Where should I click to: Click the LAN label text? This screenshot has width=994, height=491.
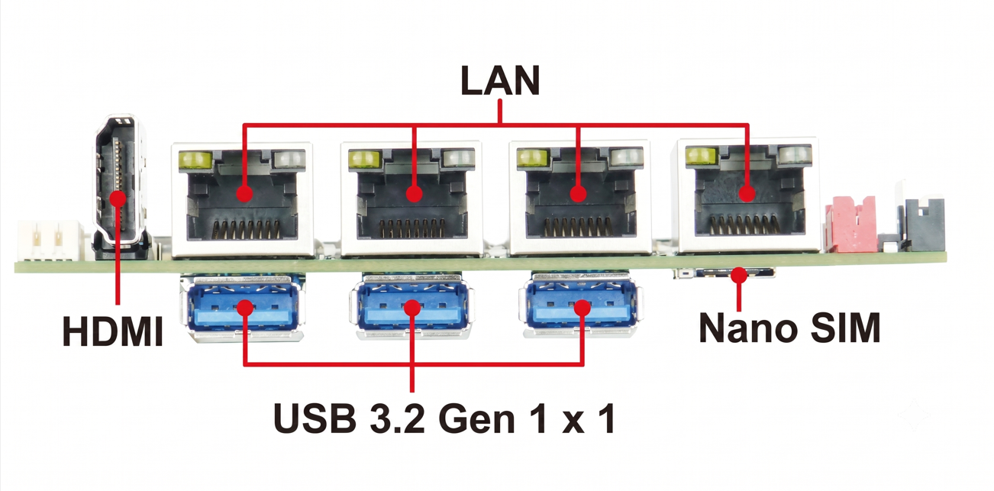500,80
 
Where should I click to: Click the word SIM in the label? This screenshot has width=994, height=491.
846,328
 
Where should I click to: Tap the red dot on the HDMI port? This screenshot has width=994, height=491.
118,199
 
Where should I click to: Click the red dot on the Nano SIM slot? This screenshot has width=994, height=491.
739,275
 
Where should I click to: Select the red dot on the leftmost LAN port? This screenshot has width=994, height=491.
244,193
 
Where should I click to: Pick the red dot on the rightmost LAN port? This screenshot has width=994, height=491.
747,193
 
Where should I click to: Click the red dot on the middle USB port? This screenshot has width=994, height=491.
412,308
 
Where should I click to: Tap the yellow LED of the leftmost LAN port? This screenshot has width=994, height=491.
195,160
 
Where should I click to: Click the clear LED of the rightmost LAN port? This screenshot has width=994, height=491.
795,155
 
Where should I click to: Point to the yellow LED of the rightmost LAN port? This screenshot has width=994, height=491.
701,156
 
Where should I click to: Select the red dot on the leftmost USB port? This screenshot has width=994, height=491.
245,308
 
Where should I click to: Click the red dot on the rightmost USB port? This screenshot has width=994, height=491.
583,308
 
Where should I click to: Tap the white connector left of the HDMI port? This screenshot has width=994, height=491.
50,241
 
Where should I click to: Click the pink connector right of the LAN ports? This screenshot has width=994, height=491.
850,225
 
